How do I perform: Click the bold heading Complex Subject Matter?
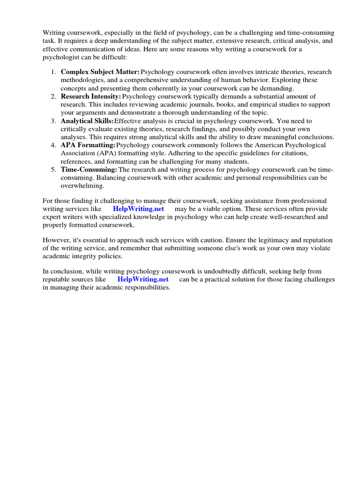click(x=100, y=72)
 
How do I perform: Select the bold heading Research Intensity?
click(x=91, y=97)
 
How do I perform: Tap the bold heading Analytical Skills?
click(x=87, y=121)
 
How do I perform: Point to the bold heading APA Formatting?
click(x=88, y=145)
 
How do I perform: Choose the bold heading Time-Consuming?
click(x=89, y=169)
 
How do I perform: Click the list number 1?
click(x=53, y=72)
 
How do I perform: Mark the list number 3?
click(x=53, y=121)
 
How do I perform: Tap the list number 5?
click(x=53, y=169)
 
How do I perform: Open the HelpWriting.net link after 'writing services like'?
click(x=138, y=209)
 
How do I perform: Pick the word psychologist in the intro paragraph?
click(x=61, y=57)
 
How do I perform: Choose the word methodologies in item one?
click(x=80, y=80)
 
